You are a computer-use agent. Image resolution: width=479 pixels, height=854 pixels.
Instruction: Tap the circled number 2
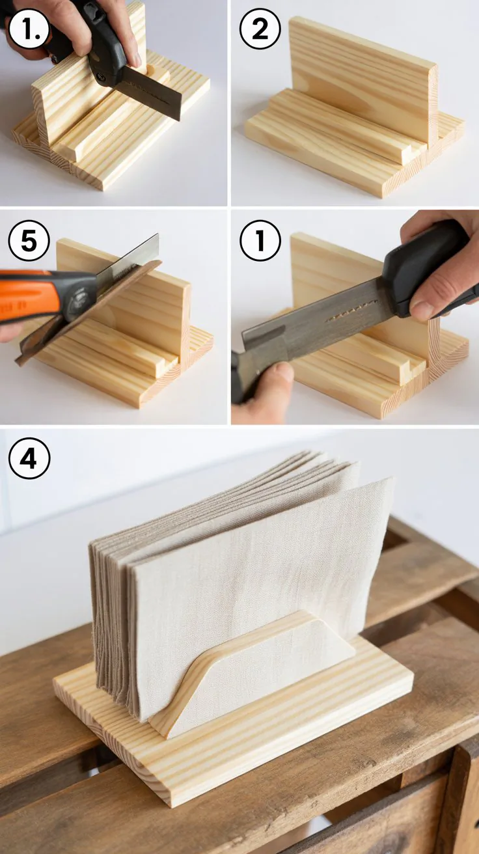tap(260, 29)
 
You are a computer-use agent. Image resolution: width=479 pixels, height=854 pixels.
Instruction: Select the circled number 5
tap(29, 241)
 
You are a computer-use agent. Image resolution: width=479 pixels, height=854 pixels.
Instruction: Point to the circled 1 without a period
tap(260, 241)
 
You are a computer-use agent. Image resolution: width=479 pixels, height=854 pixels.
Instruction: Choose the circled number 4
tap(29, 459)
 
